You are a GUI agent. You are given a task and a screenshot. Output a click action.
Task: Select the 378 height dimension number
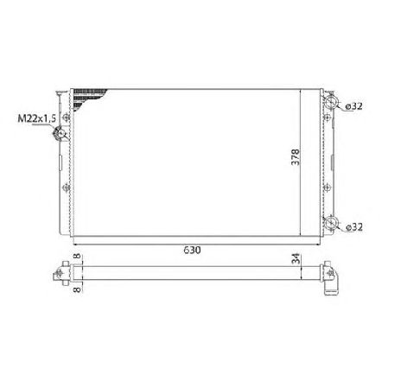click(x=294, y=159)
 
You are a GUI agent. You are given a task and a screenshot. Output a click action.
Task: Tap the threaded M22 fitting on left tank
click(x=60, y=134)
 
